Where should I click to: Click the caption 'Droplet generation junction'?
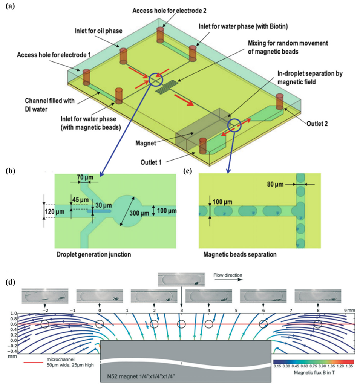pyautogui.click(x=94, y=254)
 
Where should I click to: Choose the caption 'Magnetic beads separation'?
pyautogui.click(x=240, y=254)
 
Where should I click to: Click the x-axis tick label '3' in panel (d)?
pyautogui.click(x=181, y=310)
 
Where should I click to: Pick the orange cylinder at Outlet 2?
pyautogui.click(x=280, y=101)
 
